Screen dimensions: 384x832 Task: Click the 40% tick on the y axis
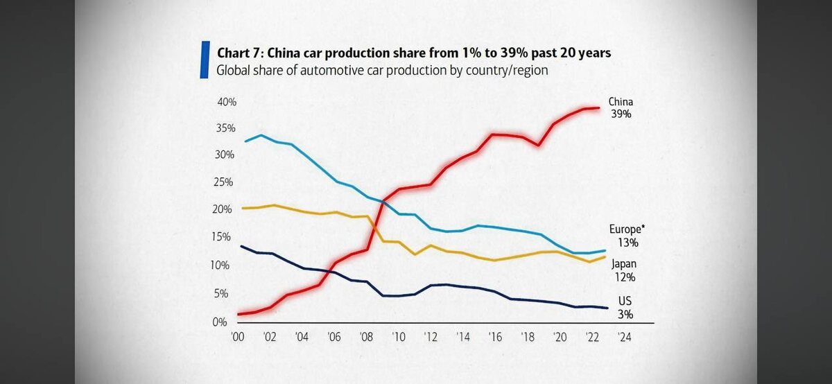pyautogui.click(x=227, y=103)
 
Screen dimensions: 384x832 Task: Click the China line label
pyautogui.click(x=621, y=102)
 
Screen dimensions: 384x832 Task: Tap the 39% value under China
pyautogui.click(x=621, y=114)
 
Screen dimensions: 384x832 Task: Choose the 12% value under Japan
pyautogui.click(x=624, y=277)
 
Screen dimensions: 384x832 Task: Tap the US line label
pyautogui.click(x=624, y=302)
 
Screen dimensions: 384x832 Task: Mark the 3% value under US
pyautogui.click(x=624, y=314)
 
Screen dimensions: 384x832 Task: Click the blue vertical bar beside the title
pyautogui.click(x=205, y=59)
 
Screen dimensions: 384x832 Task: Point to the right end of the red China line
pyautogui.click(x=599, y=107)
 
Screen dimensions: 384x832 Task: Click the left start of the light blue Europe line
pyautogui.click(x=245, y=141)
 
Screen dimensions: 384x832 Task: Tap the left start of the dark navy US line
pyautogui.click(x=240, y=246)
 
